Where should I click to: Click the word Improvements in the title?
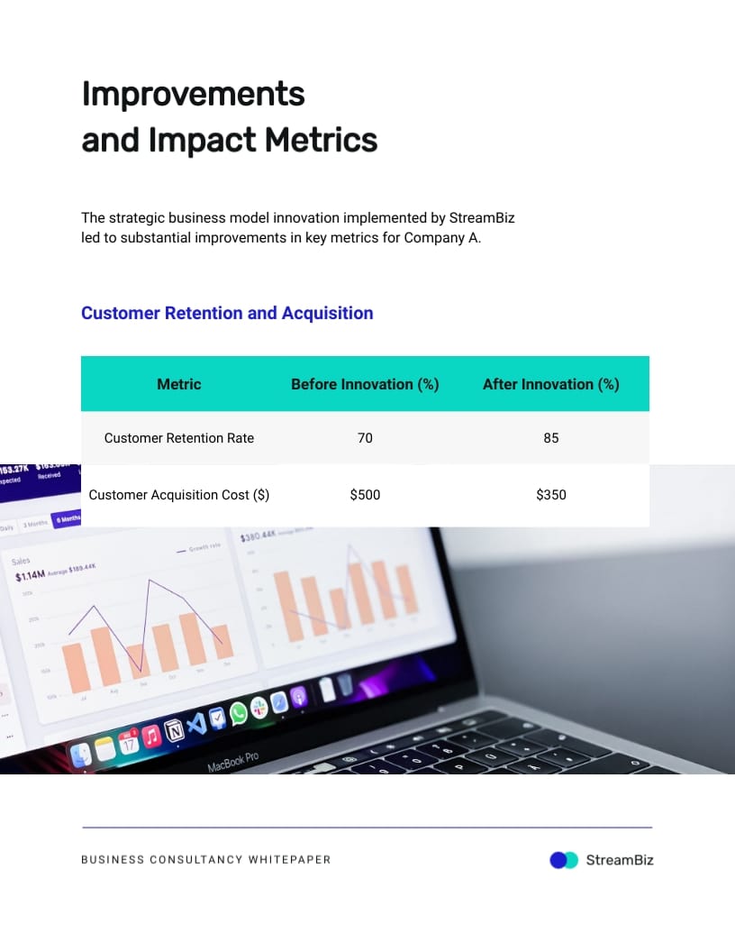193,94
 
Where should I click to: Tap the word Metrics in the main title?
320,140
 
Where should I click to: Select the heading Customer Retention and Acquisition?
227,313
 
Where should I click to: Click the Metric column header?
179,384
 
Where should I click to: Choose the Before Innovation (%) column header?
365,384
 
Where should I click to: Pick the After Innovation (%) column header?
550,384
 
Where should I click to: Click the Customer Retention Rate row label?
179,438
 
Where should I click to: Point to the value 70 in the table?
365,438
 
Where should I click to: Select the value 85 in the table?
550,438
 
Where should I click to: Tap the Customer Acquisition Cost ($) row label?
179,495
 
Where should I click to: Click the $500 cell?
365,495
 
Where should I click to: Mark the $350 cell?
550,495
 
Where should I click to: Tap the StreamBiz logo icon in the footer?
564,860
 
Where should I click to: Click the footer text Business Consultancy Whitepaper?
205,860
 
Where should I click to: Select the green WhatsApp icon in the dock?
238,714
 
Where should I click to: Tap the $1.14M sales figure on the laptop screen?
30,576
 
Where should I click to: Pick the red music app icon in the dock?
151,736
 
